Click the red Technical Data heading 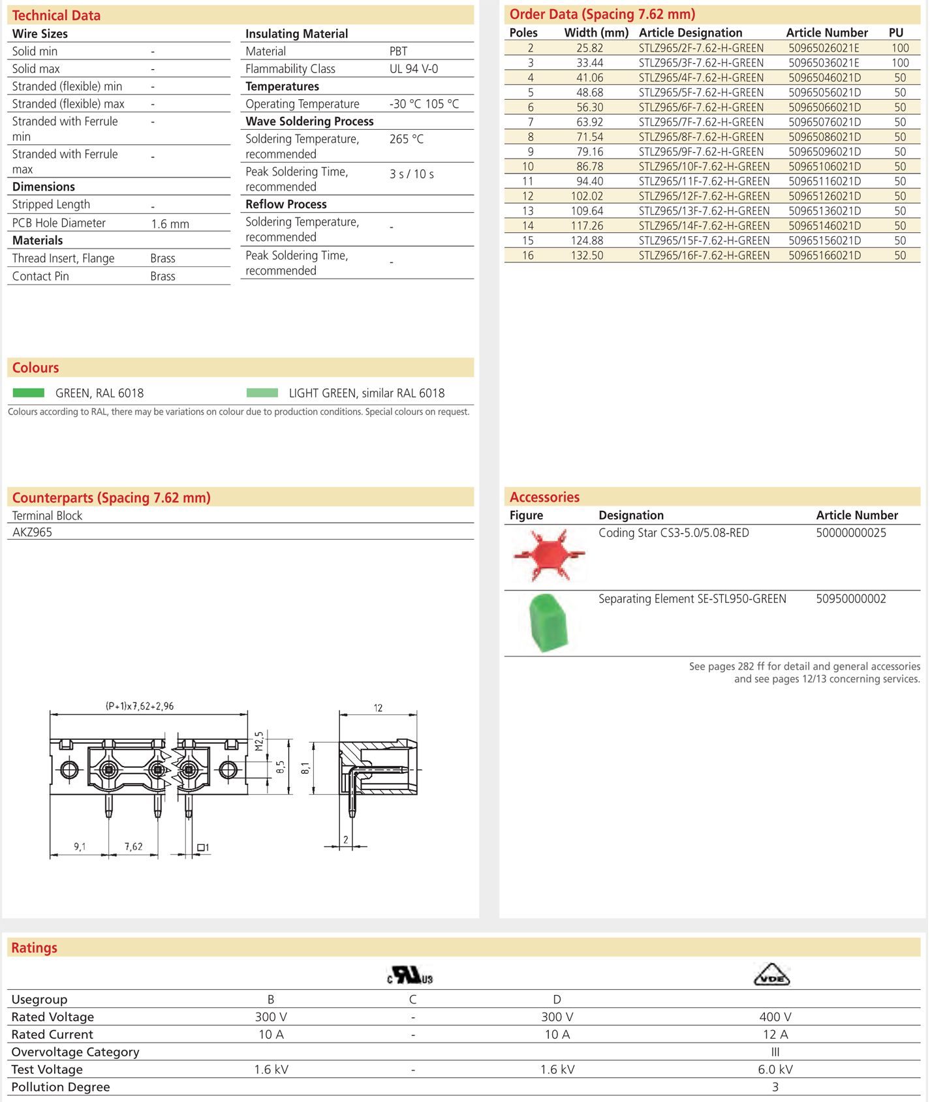click(x=56, y=15)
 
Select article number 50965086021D click(x=824, y=137)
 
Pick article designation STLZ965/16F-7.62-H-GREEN click(x=704, y=256)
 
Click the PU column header click(x=895, y=33)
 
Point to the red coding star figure click(x=549, y=555)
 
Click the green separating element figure click(x=548, y=622)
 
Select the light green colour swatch click(x=262, y=393)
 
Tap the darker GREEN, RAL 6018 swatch click(x=29, y=393)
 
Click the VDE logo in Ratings click(x=771, y=975)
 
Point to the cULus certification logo click(x=410, y=975)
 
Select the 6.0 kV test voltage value click(x=775, y=1069)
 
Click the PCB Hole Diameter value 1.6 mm click(x=170, y=224)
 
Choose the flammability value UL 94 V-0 click(x=413, y=69)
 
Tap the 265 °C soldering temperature click(x=406, y=139)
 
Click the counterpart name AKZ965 click(x=32, y=532)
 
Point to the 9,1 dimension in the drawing click(x=80, y=846)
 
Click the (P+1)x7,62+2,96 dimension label click(x=140, y=706)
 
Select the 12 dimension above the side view click(x=378, y=708)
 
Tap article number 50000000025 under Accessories click(x=850, y=533)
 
